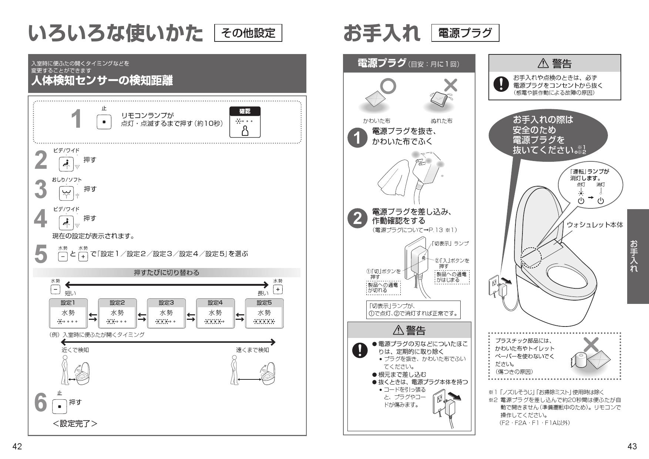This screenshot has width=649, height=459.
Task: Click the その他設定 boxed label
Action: point(248,33)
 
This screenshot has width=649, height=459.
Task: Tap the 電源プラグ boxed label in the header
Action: point(465,33)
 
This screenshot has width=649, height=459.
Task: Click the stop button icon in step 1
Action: point(104,121)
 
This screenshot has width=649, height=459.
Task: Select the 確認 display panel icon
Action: point(245,122)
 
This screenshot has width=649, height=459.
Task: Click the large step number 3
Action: point(40,189)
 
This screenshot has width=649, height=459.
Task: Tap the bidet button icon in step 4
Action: point(66,222)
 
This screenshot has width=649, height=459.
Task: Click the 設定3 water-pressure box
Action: point(166,314)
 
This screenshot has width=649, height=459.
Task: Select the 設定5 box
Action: point(264,314)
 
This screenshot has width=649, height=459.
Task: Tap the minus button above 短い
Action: point(55,289)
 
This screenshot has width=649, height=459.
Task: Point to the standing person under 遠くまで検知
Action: point(234,369)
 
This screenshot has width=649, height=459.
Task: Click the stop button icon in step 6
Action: point(60,406)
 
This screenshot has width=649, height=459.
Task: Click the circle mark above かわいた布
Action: point(389,86)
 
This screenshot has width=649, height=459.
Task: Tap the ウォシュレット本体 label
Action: point(595,225)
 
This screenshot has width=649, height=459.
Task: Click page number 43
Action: point(632,446)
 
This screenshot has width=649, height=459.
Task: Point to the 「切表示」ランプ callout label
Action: point(450,243)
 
